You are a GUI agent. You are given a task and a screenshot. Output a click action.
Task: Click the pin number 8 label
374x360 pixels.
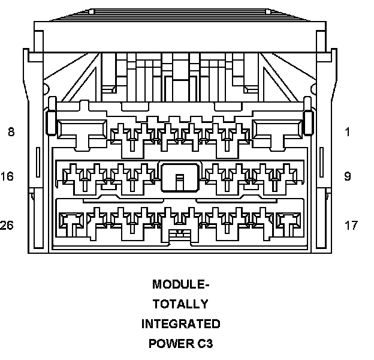click(11, 132)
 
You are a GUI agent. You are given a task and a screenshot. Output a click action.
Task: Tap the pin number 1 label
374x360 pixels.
click(348, 132)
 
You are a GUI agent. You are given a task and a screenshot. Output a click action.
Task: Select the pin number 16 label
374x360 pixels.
click(8, 176)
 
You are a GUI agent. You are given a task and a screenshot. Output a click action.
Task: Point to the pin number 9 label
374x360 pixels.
click(348, 176)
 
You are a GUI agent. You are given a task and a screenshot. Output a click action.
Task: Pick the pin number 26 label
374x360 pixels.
click(8, 226)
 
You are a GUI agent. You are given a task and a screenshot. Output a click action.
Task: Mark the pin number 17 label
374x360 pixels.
click(351, 226)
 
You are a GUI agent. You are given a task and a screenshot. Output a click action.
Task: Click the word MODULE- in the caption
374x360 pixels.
click(181, 284)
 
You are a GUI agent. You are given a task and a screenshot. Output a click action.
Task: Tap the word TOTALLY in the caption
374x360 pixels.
click(181, 304)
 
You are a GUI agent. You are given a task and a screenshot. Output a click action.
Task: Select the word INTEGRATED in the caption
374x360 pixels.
click(181, 324)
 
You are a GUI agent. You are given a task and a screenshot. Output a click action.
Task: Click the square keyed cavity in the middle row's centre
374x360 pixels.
click(179, 176)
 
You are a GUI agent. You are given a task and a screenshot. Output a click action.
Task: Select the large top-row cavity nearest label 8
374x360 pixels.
click(82, 128)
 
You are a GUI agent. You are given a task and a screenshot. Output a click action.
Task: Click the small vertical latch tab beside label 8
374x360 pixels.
click(51, 122)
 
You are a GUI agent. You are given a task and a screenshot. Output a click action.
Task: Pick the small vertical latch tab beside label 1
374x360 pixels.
click(309, 122)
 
